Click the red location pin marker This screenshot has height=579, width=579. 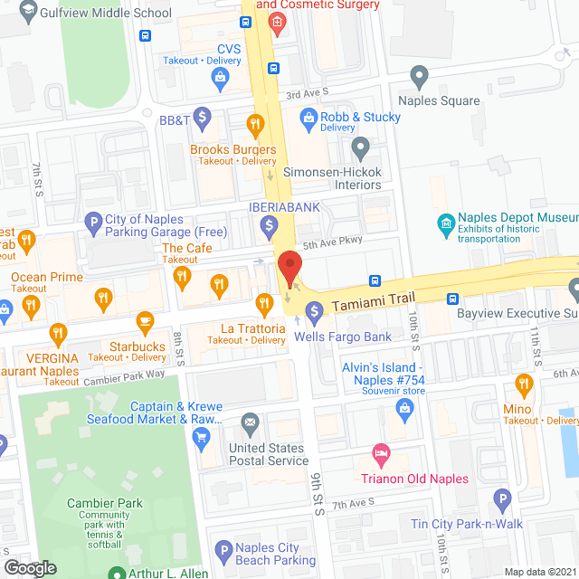click(289, 270)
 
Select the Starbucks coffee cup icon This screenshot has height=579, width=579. click(144, 320)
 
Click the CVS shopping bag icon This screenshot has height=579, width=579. click(220, 79)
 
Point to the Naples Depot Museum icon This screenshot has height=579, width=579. click(445, 223)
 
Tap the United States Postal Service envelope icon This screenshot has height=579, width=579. click(251, 422)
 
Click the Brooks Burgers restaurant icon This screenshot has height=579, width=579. click(256, 123)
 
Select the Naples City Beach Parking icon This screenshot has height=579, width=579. click(223, 550)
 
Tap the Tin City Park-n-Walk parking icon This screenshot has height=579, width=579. click(503, 498)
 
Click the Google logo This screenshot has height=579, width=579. click(29, 567)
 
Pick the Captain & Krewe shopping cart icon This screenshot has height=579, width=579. click(202, 438)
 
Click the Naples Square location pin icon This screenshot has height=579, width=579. click(418, 75)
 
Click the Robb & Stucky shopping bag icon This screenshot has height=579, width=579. click(308, 117)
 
